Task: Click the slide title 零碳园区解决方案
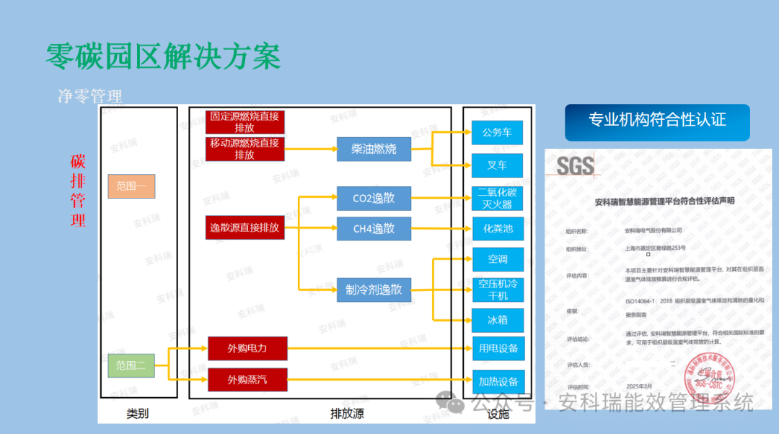click(163, 56)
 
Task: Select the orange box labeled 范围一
click(131, 186)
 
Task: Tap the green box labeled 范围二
click(131, 365)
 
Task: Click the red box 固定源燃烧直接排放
click(245, 122)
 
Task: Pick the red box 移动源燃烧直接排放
click(245, 149)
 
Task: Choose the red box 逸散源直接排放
click(245, 228)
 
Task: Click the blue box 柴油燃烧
click(374, 149)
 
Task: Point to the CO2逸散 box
click(374, 199)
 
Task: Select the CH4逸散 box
click(374, 228)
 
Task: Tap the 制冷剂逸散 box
click(374, 290)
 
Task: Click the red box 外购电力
click(247, 349)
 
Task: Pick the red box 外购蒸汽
click(247, 379)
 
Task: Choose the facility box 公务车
click(497, 132)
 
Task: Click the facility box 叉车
click(497, 165)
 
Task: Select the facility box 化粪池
click(497, 228)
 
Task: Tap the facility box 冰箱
click(497, 318)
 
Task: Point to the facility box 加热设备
click(498, 381)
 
